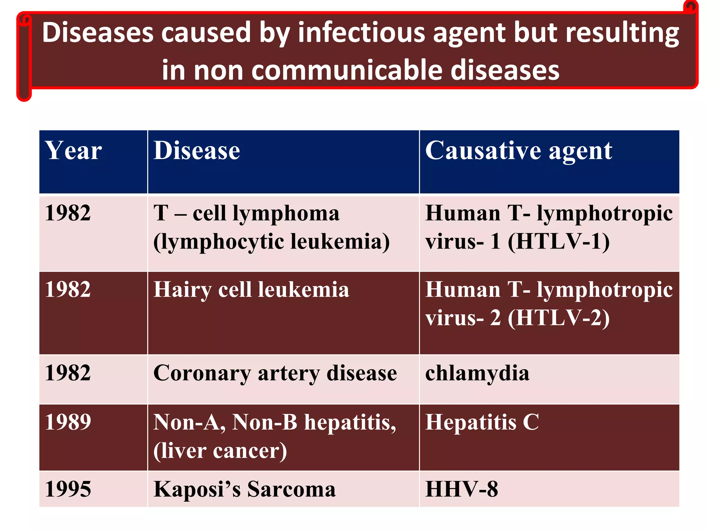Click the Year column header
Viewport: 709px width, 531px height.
click(x=73, y=151)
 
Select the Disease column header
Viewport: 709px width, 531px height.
click(x=197, y=151)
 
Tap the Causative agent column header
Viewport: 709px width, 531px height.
click(x=518, y=151)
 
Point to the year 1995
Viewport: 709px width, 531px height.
click(x=68, y=489)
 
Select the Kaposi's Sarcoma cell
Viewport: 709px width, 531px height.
click(x=244, y=489)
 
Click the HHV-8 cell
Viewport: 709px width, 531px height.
click(x=461, y=489)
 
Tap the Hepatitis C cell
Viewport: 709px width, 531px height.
click(x=482, y=422)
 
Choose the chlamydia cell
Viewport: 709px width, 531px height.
click(x=477, y=373)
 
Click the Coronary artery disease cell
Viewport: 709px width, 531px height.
click(x=275, y=373)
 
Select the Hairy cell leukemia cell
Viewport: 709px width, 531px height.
click(x=251, y=289)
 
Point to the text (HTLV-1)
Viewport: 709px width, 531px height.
click(x=558, y=241)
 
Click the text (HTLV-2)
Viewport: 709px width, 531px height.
click(x=558, y=318)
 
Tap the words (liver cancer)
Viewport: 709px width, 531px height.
click(x=220, y=451)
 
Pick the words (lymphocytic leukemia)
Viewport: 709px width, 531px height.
click(x=271, y=241)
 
